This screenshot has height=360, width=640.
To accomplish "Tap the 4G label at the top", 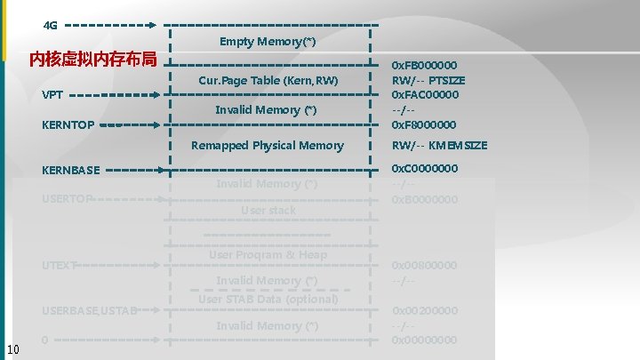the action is (50, 25).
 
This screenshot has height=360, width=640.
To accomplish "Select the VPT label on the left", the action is (52, 94).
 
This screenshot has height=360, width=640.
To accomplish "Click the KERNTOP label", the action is (68, 125).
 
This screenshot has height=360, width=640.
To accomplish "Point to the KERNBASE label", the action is (71, 170).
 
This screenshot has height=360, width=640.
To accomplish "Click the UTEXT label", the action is (59, 265).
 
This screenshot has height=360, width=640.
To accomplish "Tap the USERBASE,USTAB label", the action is (90, 310).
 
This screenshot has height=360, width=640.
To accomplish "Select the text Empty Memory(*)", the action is (267, 42).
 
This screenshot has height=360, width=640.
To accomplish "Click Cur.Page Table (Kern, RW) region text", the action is (268, 81).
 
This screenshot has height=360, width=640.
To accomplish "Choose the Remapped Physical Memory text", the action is (268, 146).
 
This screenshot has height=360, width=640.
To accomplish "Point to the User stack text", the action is (268, 211).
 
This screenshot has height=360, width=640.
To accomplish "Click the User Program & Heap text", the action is (268, 255).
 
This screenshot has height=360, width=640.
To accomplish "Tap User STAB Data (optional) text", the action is (268, 299).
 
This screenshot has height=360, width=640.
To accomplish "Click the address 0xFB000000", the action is (425, 66).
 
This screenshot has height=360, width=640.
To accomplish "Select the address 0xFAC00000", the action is (426, 95).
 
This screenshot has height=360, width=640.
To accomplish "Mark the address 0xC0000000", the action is (425, 169).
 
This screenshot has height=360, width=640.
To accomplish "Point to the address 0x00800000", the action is (425, 265).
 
